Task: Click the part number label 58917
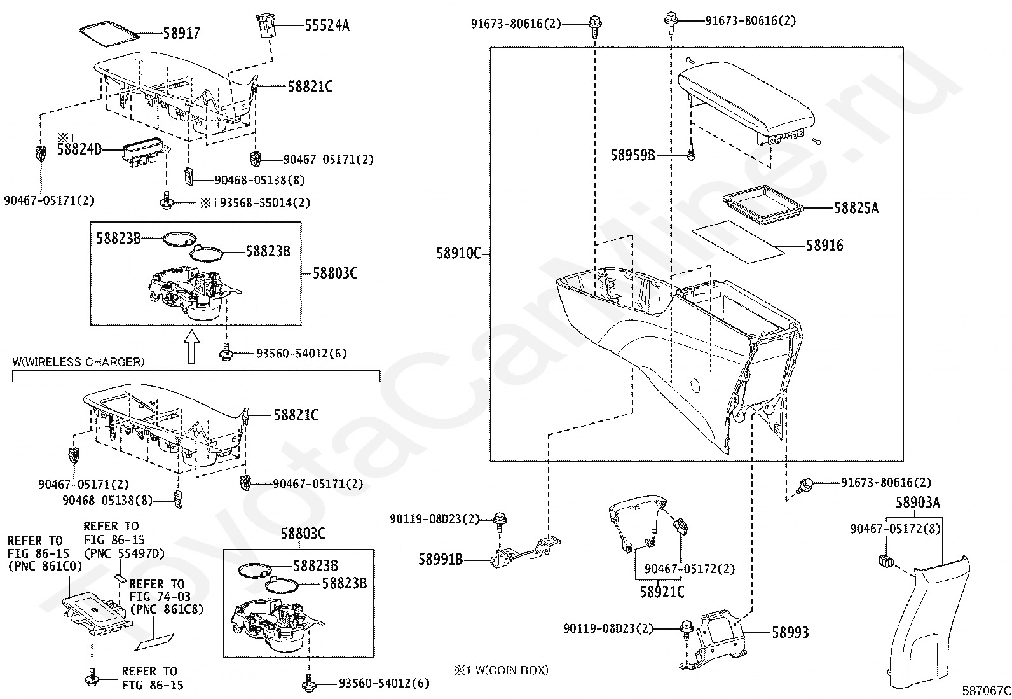(x=181, y=33)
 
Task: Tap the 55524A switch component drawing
(x=265, y=26)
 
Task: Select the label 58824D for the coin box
(x=79, y=151)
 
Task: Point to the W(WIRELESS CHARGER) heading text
(x=78, y=362)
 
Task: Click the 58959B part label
(x=632, y=155)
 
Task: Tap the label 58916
(x=824, y=246)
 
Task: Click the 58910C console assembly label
(x=458, y=253)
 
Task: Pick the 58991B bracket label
(x=440, y=560)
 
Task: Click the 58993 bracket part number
(x=790, y=632)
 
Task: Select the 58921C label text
(x=662, y=592)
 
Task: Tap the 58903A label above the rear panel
(x=917, y=502)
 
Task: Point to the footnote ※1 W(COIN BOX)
(x=501, y=670)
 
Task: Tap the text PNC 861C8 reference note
(x=167, y=609)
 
